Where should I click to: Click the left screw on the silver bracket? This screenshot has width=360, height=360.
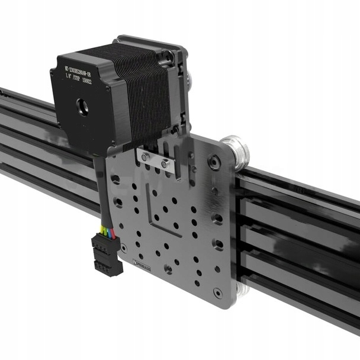pyautogui.click(x=145, y=157)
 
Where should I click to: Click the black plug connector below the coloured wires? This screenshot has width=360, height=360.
pyautogui.click(x=107, y=255)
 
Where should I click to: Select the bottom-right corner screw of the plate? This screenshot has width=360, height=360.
pyautogui.click(x=218, y=292)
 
